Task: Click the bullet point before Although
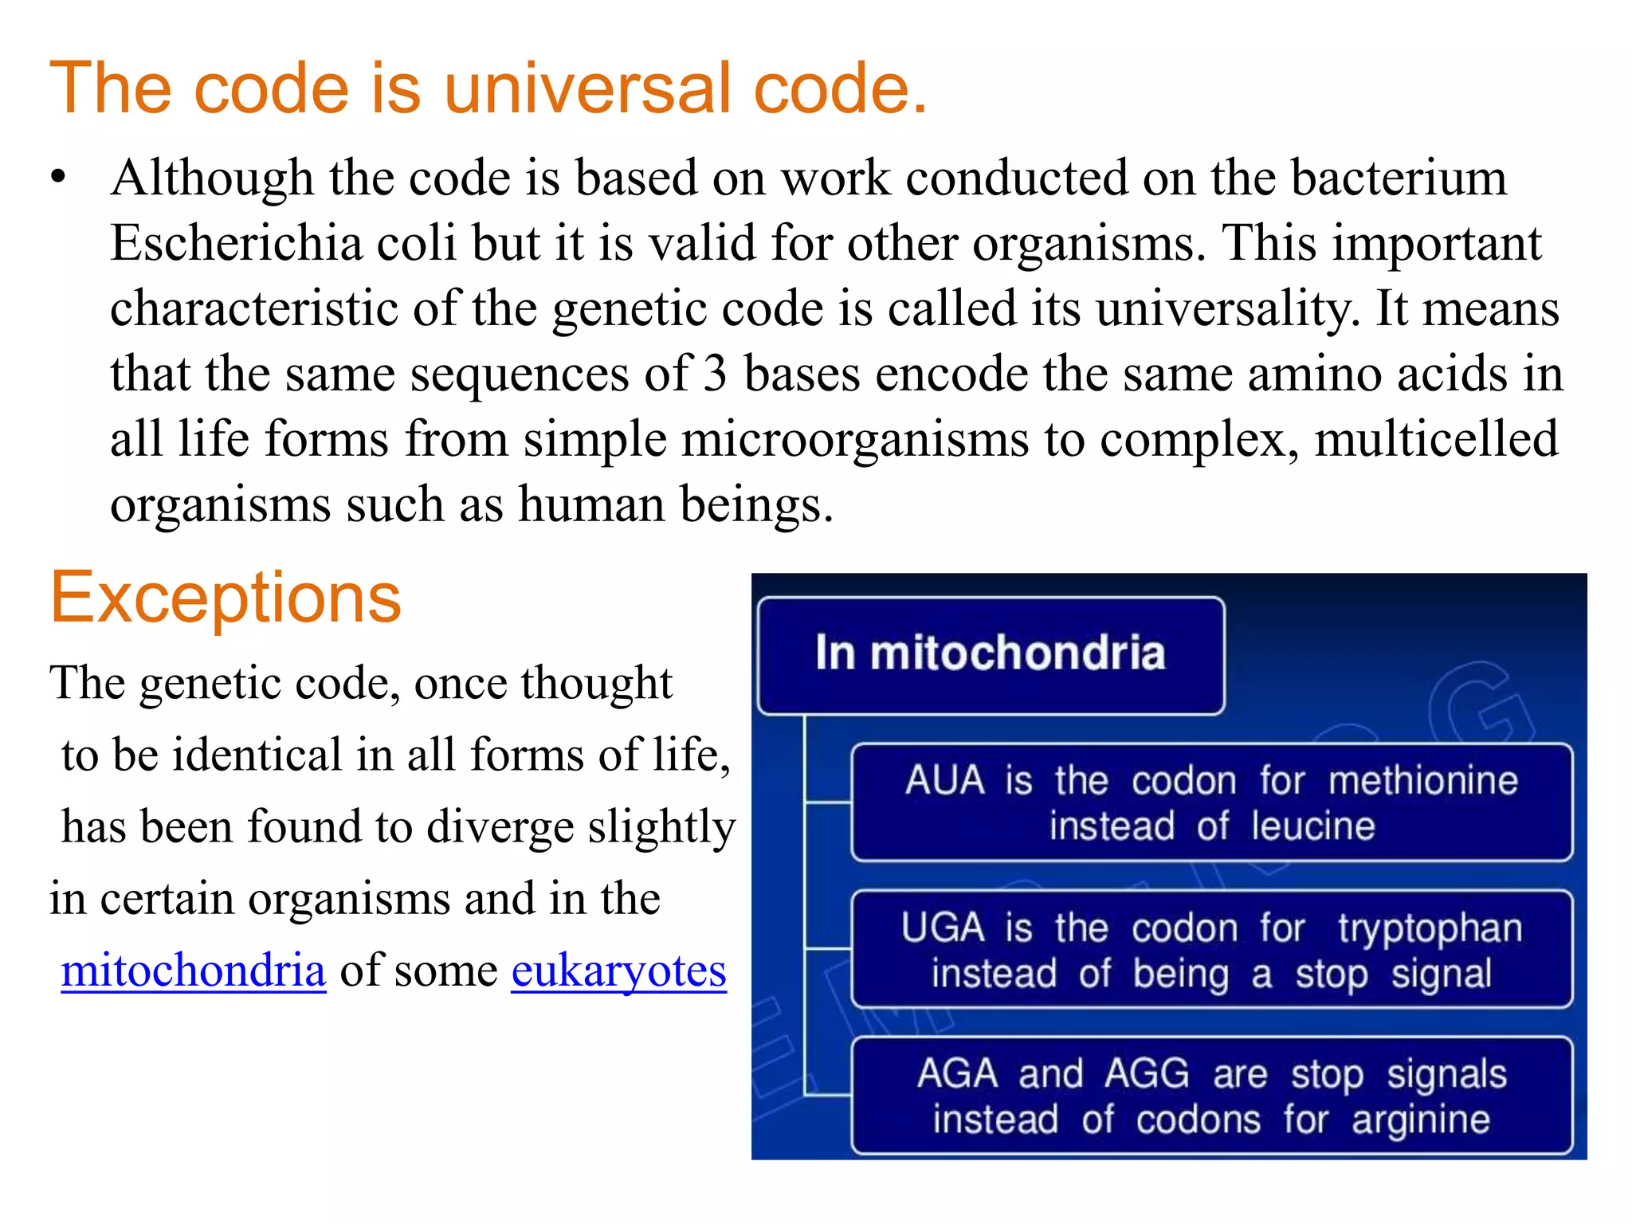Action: point(57,178)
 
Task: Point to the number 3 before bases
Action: point(715,374)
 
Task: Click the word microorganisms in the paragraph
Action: point(855,439)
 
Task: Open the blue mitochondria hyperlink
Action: point(194,970)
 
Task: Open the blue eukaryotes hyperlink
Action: point(618,970)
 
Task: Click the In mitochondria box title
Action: point(990,653)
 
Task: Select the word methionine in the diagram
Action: point(1423,780)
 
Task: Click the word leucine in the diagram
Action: point(1312,826)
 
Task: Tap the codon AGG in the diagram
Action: point(1147,1073)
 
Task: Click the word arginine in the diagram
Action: point(1421,1120)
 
